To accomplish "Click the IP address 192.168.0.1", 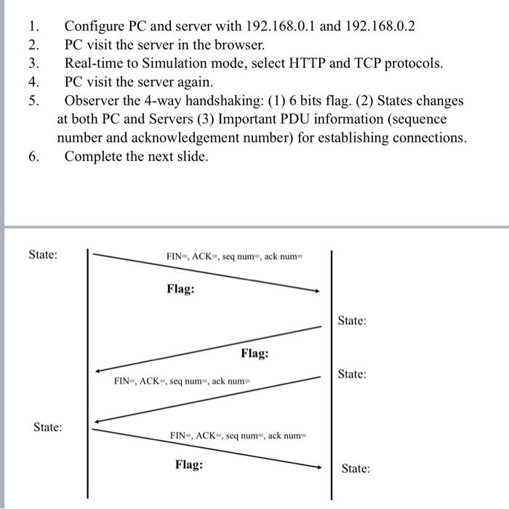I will (279, 26).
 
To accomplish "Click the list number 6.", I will (33, 156).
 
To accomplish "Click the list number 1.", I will (33, 26).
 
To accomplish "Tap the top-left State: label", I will (43, 255).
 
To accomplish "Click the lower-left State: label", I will (47, 427).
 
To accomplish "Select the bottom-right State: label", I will (355, 468).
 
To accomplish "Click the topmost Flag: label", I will (180, 289).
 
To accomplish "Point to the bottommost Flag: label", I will (189, 464).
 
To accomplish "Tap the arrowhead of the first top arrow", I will (316, 291).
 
